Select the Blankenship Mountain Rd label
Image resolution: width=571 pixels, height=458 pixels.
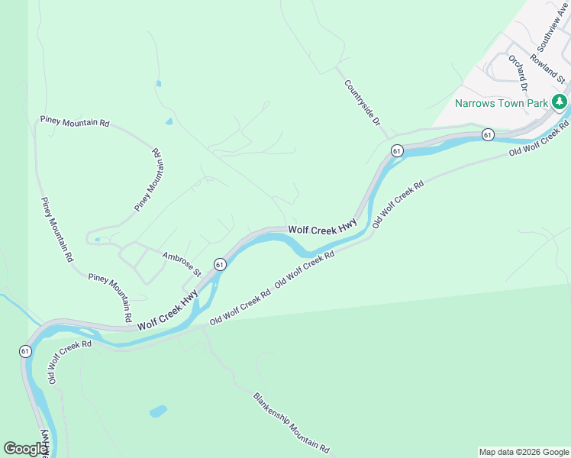(x=291, y=421)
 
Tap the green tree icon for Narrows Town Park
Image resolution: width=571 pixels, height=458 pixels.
(x=560, y=101)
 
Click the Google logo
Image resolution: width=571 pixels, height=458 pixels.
(x=25, y=448)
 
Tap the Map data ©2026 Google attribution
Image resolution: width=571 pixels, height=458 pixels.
(x=524, y=452)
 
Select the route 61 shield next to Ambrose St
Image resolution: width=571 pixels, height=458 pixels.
(x=220, y=264)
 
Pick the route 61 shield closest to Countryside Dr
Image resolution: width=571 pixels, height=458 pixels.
(x=397, y=150)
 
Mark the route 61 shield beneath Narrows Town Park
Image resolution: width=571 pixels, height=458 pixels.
(x=488, y=134)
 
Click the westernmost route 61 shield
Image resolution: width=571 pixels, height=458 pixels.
(x=25, y=351)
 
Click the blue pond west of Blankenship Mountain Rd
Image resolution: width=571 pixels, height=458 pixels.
(x=158, y=411)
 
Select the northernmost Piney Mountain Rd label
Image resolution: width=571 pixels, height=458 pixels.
(x=75, y=122)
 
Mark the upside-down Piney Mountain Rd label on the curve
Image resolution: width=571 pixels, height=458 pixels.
(x=149, y=180)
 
